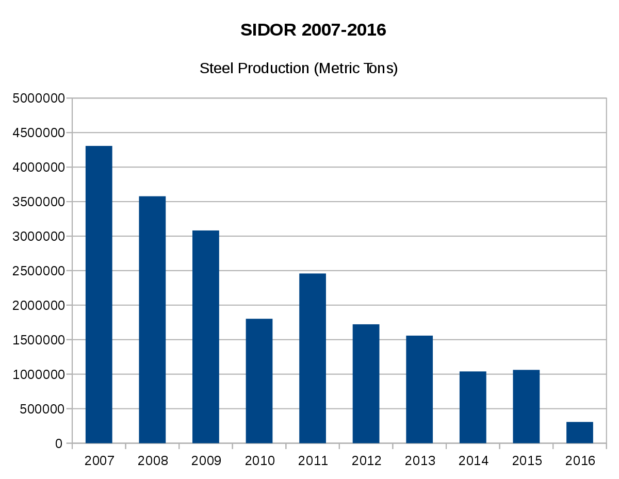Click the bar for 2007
pyautogui.click(x=99, y=294)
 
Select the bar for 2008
pyautogui.click(x=152, y=320)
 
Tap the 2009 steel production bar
pyautogui.click(x=206, y=337)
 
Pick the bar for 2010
pyautogui.click(x=259, y=381)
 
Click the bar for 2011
pyautogui.click(x=313, y=358)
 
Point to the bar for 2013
pyautogui.click(x=419, y=389)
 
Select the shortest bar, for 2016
pyautogui.click(x=580, y=432)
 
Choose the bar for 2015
pyautogui.click(x=526, y=406)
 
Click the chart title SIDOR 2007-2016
pyautogui.click(x=313, y=30)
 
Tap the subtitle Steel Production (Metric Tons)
pyautogui.click(x=299, y=68)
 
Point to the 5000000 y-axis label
pyautogui.click(x=39, y=98)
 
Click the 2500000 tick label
pyautogui.click(x=39, y=271)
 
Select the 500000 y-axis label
pyautogui.click(x=42, y=409)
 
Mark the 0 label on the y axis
pyautogui.click(x=59, y=443)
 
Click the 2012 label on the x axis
pyautogui.click(x=366, y=461)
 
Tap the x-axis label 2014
pyautogui.click(x=473, y=461)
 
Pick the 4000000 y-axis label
pyautogui.click(x=39, y=167)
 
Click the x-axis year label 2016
pyautogui.click(x=580, y=461)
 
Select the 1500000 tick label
pyautogui.click(x=39, y=340)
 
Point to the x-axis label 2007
pyautogui.click(x=99, y=461)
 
